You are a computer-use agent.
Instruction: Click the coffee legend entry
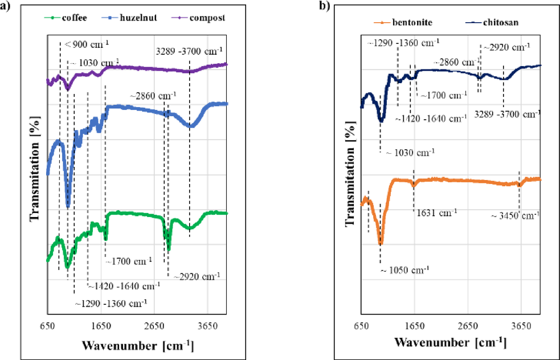[x=69, y=18]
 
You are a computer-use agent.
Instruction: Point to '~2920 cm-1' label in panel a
[x=197, y=276]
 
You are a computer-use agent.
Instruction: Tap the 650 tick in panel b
[x=361, y=326]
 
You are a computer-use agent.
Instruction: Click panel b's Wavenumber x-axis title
[x=449, y=343]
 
